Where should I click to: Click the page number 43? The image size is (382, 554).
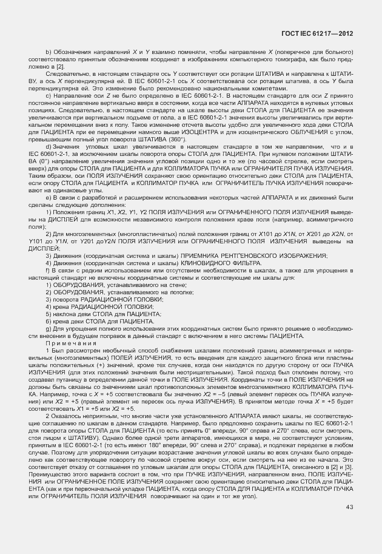(x=350, y=524)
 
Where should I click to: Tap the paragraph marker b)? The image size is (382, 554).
(x=48, y=55)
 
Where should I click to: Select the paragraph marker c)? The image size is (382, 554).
(x=48, y=96)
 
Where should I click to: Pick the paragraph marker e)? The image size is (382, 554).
(x=48, y=197)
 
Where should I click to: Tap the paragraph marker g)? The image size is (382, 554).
(x=48, y=327)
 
